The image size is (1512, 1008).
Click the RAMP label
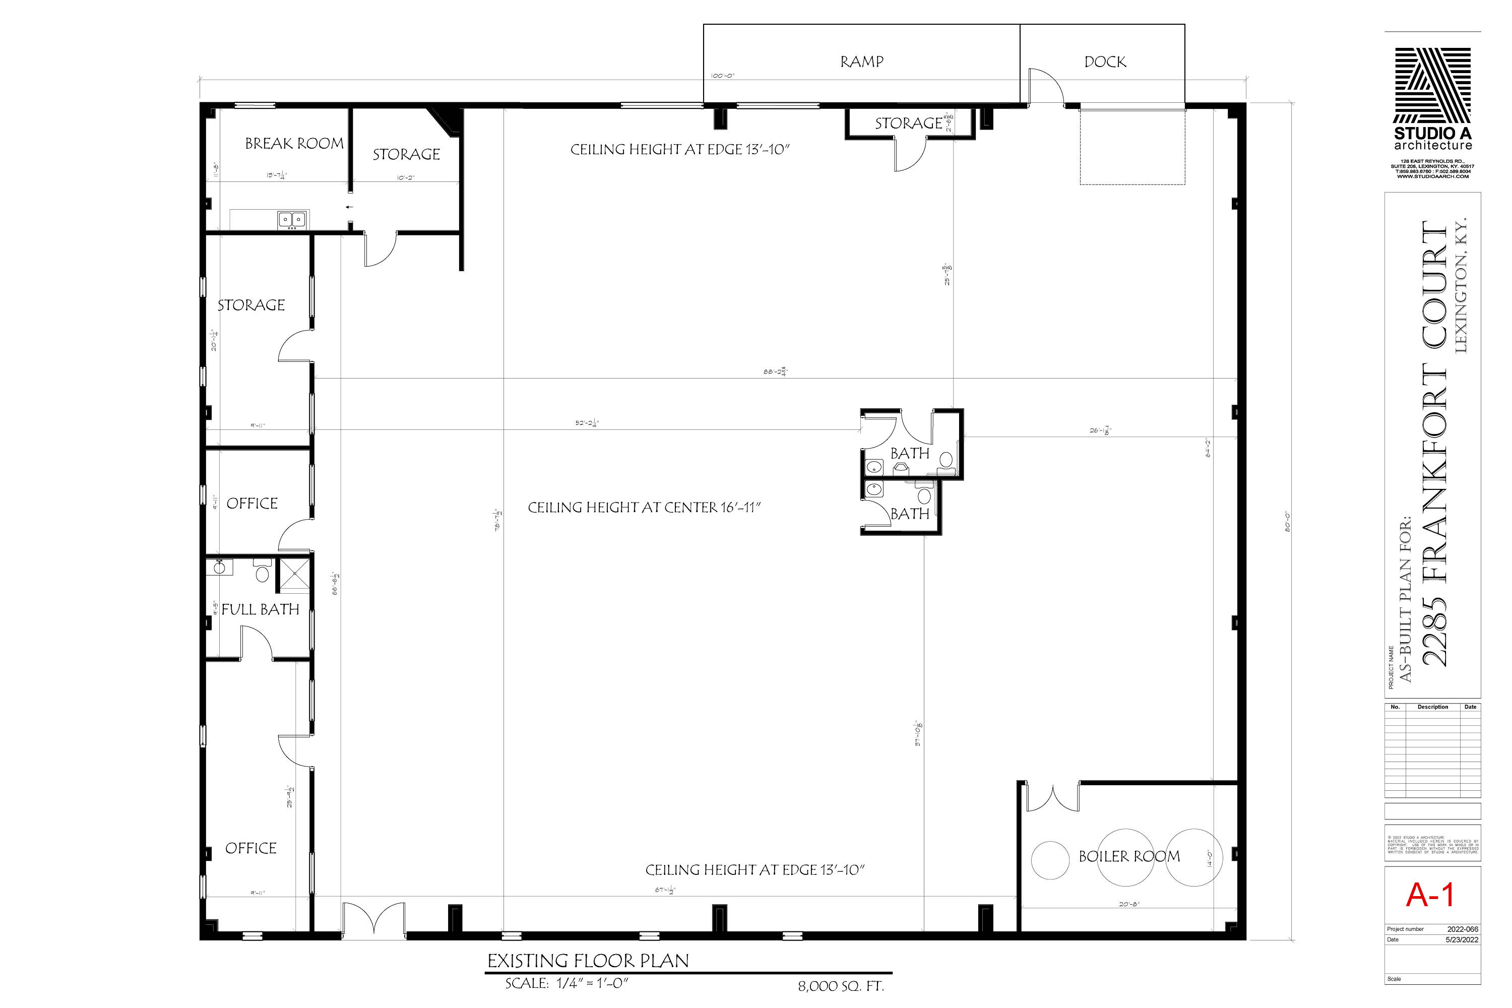click(x=861, y=61)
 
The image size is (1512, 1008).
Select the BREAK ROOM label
click(x=294, y=143)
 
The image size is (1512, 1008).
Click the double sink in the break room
click(x=292, y=220)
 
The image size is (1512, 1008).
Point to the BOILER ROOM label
click(x=1129, y=856)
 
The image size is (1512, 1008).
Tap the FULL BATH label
click(x=261, y=609)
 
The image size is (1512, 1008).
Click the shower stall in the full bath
click(x=295, y=575)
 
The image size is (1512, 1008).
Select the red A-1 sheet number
click(x=1430, y=895)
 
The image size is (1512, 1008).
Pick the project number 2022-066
click(x=1463, y=929)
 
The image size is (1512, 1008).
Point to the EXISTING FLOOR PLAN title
click(x=588, y=961)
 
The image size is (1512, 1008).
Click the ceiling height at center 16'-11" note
click(x=644, y=508)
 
